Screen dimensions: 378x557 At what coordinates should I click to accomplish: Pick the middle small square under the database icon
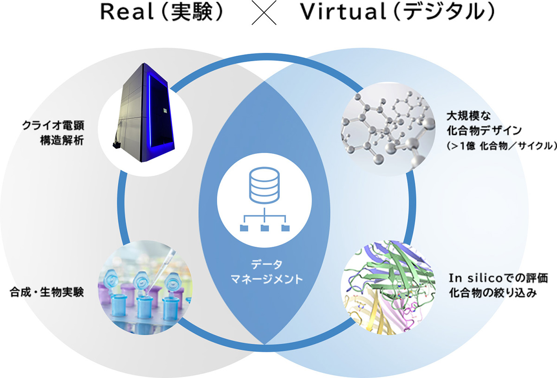pos(265,228)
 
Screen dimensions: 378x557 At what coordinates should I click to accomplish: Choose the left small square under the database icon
pos(244,228)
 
